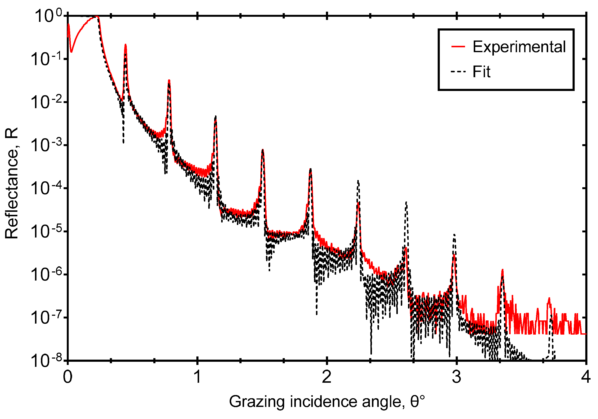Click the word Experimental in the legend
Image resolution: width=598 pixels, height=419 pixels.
pyautogui.click(x=519, y=47)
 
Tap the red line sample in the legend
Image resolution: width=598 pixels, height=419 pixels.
pyautogui.click(x=458, y=47)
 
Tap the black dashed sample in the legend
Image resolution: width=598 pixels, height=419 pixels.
pyautogui.click(x=458, y=71)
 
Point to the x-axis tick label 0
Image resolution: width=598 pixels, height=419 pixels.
pyautogui.click(x=68, y=377)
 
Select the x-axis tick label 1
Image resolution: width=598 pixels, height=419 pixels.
pyautogui.click(x=197, y=377)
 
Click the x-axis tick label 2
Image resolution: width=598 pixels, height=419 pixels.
pyautogui.click(x=327, y=377)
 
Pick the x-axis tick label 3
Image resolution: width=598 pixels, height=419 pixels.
pyautogui.click(x=456, y=377)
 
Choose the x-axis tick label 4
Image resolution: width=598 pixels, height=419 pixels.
pyautogui.click(x=586, y=377)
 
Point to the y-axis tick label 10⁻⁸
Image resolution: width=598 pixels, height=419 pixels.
pyautogui.click(x=47, y=361)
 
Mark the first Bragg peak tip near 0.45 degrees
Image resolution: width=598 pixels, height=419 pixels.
pyautogui.click(x=126, y=45)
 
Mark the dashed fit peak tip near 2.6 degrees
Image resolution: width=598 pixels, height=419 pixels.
pyautogui.click(x=406, y=202)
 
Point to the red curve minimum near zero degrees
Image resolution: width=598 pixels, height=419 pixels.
pyautogui.click(x=71, y=52)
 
